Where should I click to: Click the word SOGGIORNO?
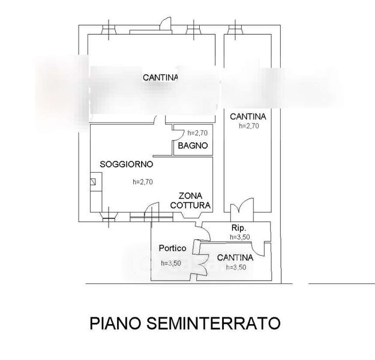(127, 164)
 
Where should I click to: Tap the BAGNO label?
(192, 145)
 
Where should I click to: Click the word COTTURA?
(190, 205)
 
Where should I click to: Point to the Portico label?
(172, 248)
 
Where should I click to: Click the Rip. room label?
(239, 229)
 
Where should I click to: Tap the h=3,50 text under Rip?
(239, 237)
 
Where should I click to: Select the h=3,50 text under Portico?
(171, 263)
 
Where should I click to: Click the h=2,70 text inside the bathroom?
(197, 133)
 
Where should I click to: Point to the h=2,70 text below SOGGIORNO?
(143, 183)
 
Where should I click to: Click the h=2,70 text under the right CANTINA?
(248, 126)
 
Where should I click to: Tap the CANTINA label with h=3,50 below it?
(235, 258)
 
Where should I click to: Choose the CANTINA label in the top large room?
(160, 77)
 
